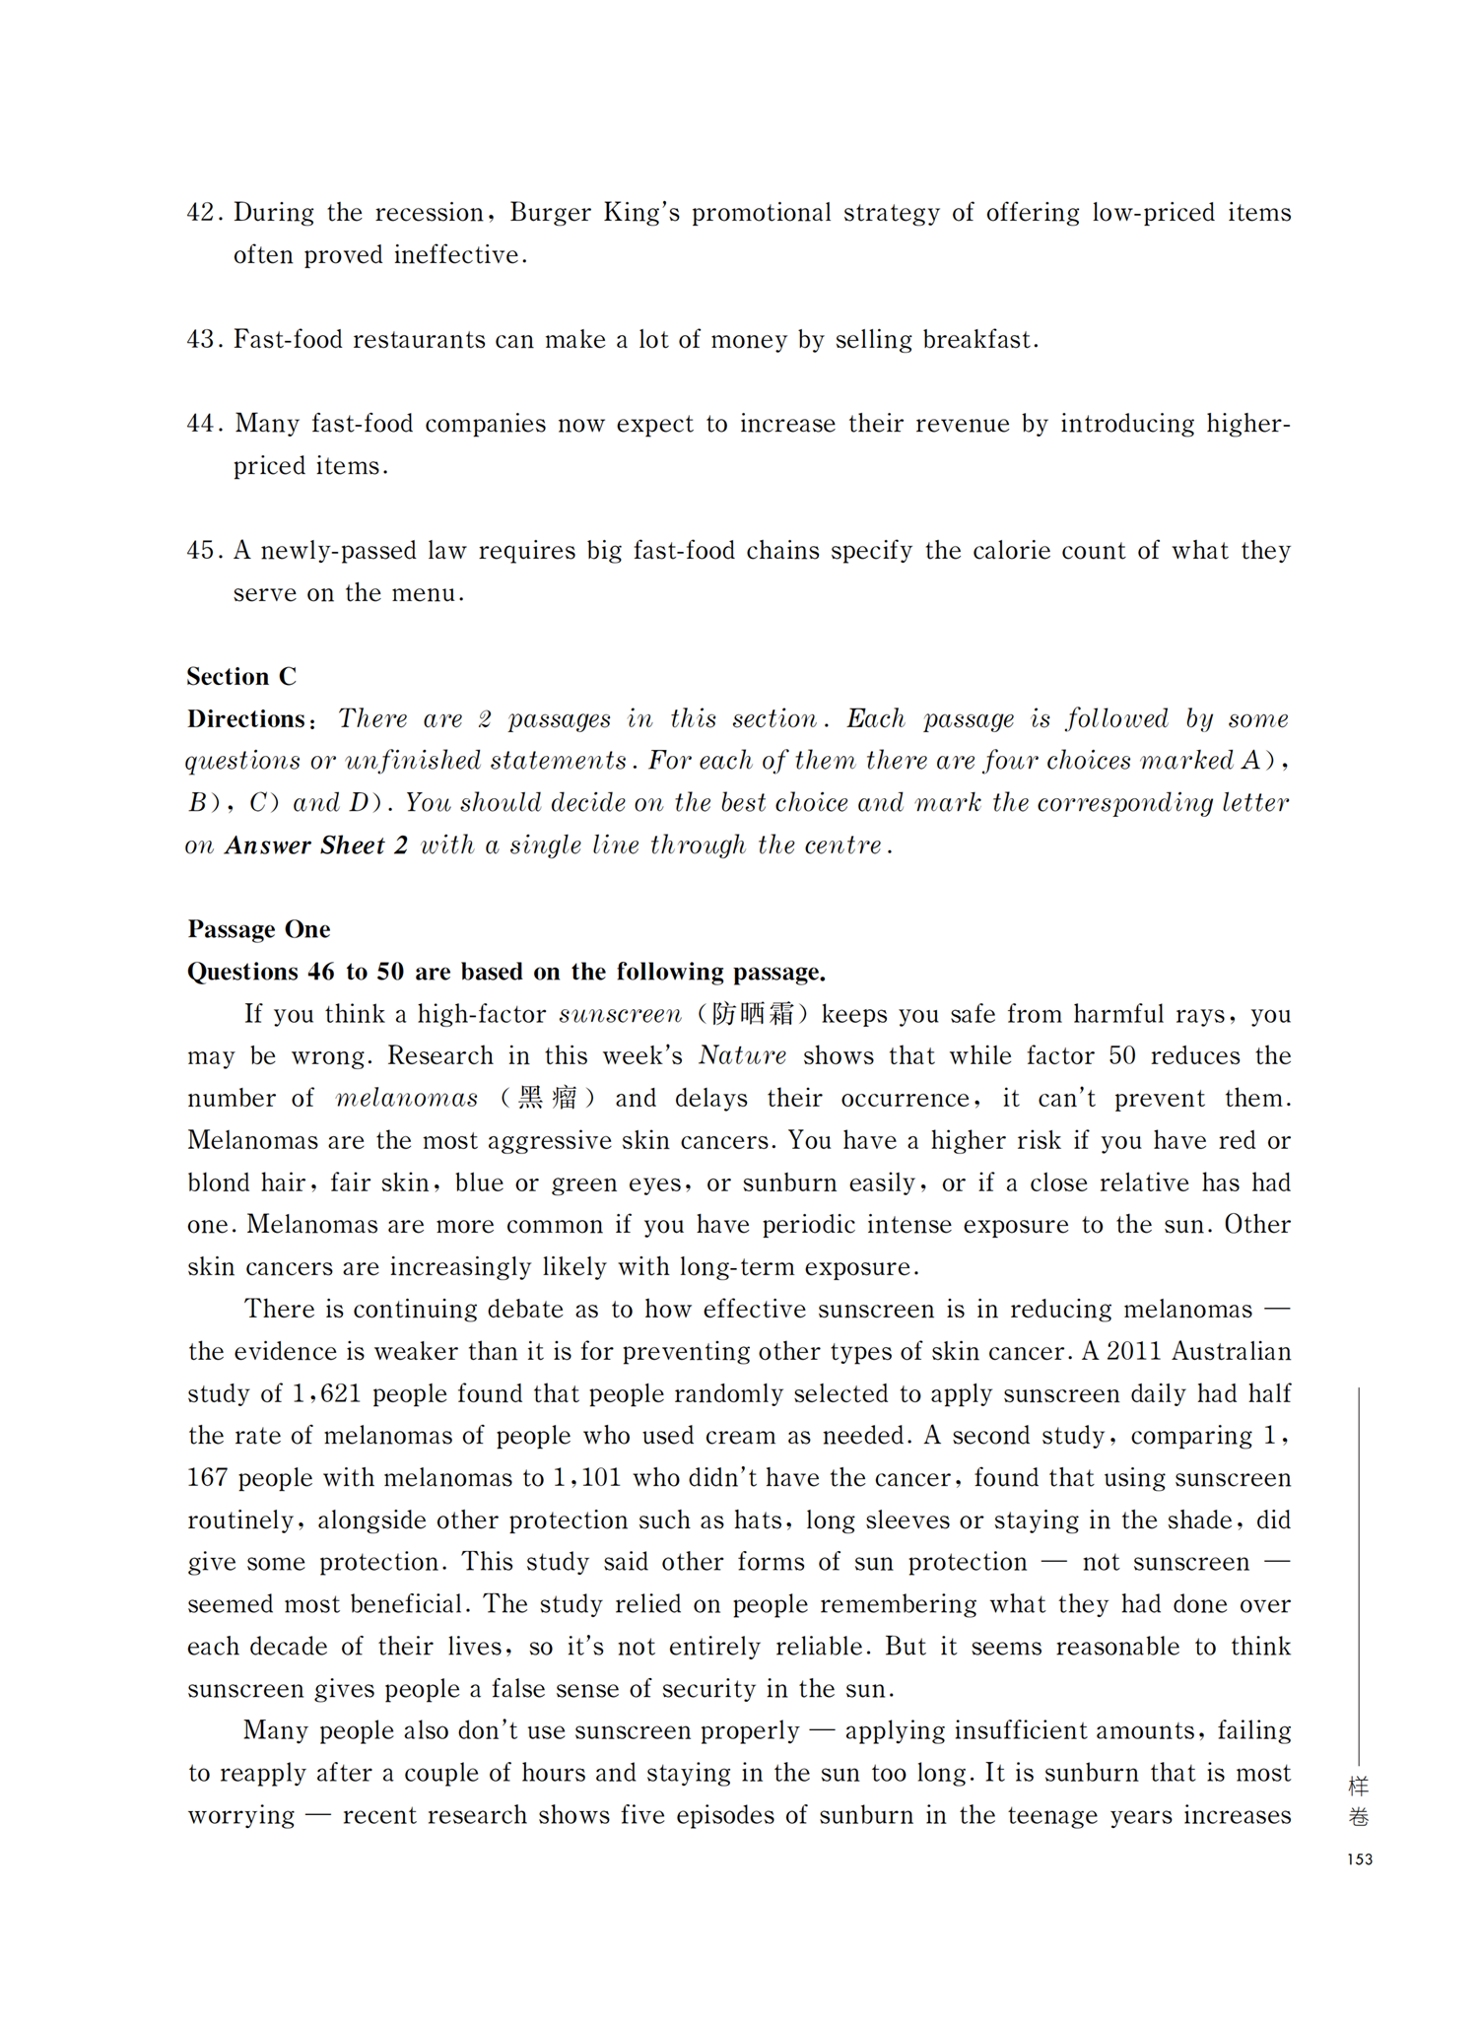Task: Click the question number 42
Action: click(x=205, y=213)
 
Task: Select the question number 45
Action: click(x=205, y=551)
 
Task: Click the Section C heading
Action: click(x=241, y=677)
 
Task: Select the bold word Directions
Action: click(x=247, y=719)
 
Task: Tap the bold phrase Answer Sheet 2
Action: click(x=316, y=845)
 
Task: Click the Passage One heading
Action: click(x=259, y=929)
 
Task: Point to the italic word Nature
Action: click(x=743, y=1056)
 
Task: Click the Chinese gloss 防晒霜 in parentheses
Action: click(x=753, y=1014)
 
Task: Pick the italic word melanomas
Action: click(x=407, y=1099)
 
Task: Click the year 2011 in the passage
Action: click(x=1133, y=1351)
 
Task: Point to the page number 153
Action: click(x=1359, y=1859)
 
